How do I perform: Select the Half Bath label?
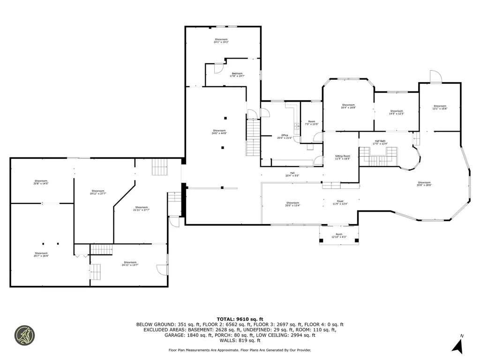click(x=379, y=142)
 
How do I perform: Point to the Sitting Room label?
click(x=342, y=157)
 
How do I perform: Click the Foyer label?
click(x=340, y=202)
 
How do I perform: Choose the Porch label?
click(x=339, y=235)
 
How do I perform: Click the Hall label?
click(x=292, y=174)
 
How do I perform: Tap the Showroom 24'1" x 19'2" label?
click(x=221, y=40)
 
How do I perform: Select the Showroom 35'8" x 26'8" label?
click(x=424, y=184)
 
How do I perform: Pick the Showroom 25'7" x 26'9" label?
click(x=41, y=255)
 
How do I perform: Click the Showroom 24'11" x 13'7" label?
click(x=130, y=263)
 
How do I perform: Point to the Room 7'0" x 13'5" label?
click(x=312, y=123)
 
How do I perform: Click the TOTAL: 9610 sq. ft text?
click(x=240, y=319)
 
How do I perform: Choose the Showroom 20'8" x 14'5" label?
click(x=41, y=182)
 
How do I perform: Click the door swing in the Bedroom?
click(x=218, y=68)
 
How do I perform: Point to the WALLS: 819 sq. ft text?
click(x=240, y=341)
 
